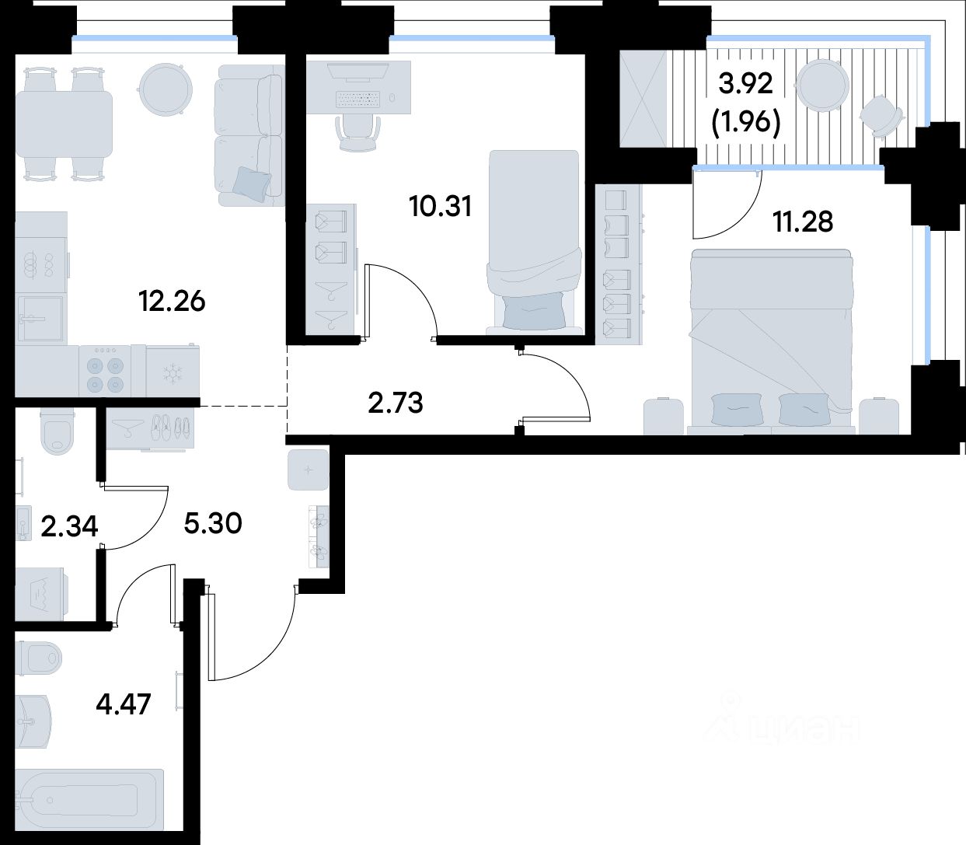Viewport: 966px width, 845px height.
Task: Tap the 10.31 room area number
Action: point(441,207)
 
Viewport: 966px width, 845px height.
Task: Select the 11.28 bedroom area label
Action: point(803,222)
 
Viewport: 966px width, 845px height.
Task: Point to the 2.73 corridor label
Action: point(395,403)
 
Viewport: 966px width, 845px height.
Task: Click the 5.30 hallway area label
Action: point(212,523)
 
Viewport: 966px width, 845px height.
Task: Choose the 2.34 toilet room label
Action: point(69,526)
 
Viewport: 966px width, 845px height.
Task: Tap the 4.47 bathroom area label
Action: point(124,704)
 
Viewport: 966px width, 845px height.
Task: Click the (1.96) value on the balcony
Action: point(745,123)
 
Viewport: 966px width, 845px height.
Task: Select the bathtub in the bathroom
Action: point(89,798)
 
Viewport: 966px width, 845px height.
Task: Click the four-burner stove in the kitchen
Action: point(105,371)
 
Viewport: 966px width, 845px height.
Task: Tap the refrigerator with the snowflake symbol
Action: point(173,372)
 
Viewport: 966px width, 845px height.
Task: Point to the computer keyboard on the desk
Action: point(358,100)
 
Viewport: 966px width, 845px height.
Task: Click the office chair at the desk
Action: point(357,133)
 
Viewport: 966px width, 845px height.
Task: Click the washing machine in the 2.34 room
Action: point(41,594)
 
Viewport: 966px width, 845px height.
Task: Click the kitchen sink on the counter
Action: point(40,319)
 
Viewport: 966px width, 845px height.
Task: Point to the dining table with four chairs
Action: point(64,124)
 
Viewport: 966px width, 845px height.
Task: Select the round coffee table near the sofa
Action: point(166,90)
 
